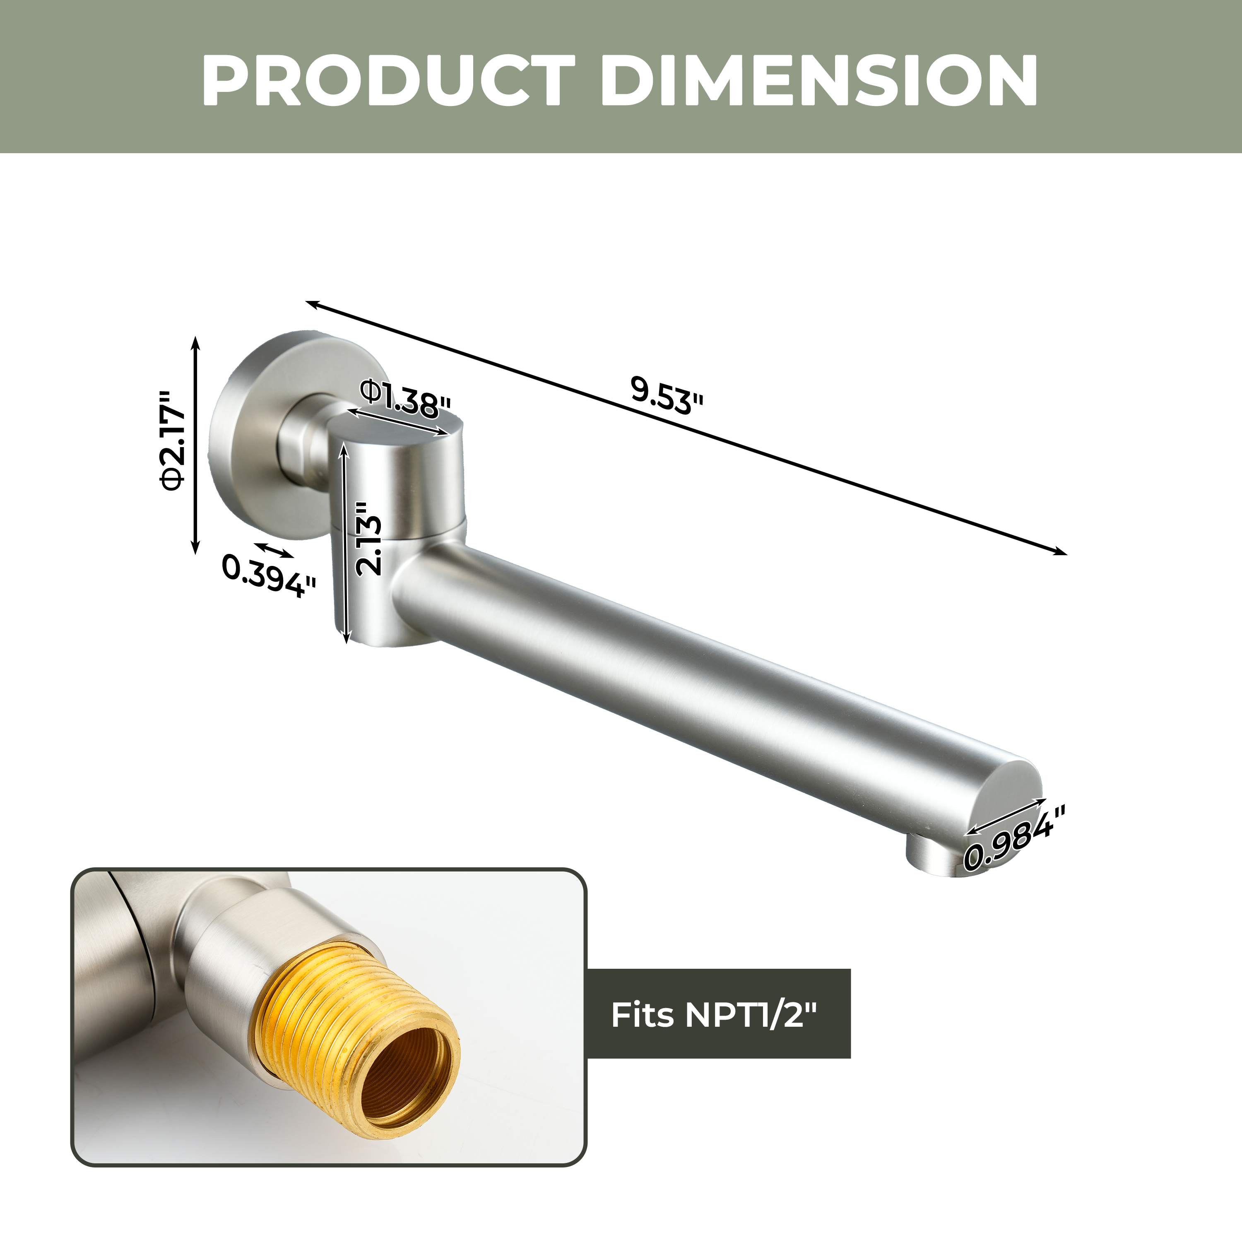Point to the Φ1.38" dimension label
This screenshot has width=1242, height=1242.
point(405,399)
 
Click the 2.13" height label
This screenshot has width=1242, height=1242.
point(370,539)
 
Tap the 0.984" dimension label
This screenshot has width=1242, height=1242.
point(1014,837)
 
